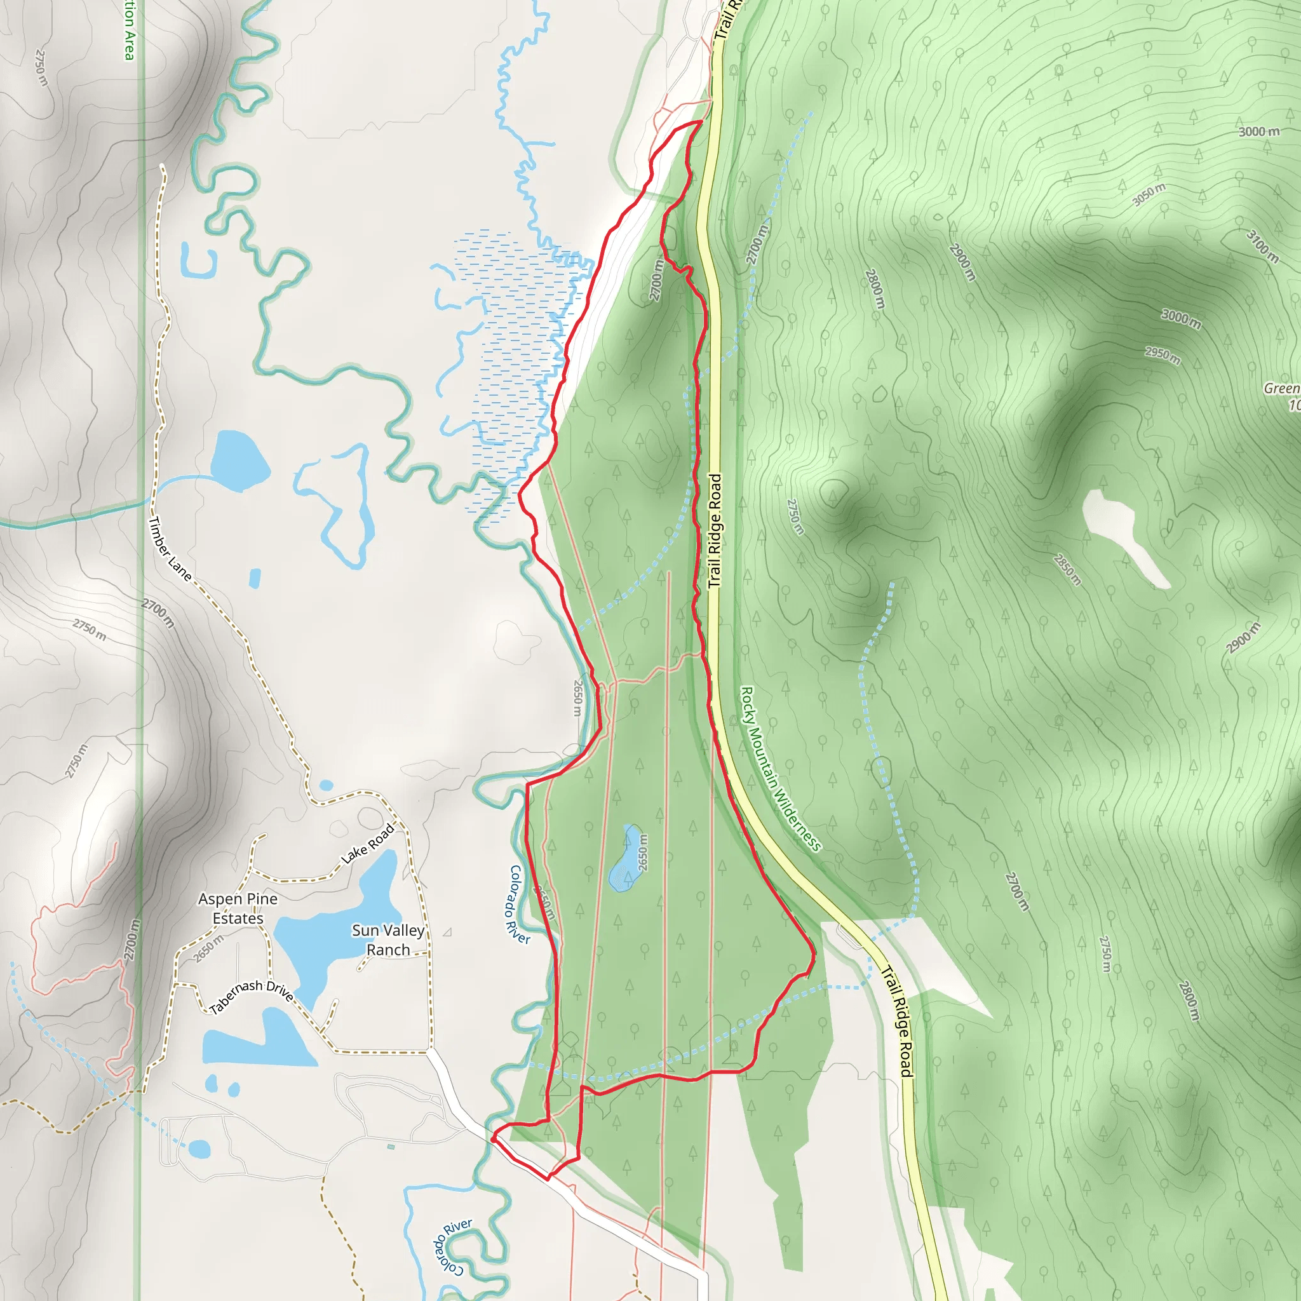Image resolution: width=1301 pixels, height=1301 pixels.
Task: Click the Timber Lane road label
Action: tap(170, 549)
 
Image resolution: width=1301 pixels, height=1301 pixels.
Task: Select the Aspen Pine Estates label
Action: tap(238, 908)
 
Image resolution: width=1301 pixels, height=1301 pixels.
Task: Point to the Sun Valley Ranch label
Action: tap(389, 940)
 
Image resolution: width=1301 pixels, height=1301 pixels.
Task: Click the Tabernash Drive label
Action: tap(251, 997)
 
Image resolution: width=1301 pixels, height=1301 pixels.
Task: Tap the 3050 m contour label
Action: tap(1148, 194)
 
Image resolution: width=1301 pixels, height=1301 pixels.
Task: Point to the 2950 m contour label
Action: tap(1163, 355)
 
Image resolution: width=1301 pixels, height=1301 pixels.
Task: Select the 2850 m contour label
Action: tap(1067, 569)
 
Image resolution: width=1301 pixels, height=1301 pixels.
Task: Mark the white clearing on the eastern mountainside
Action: tap(1121, 536)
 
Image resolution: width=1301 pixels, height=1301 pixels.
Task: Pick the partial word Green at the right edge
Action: tap(1281, 389)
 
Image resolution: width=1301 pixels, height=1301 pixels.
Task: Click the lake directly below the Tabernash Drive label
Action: tap(262, 1042)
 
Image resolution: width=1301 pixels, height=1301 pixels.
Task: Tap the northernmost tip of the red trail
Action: tap(701, 122)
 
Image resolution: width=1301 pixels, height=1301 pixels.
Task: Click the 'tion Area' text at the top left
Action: tap(128, 30)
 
